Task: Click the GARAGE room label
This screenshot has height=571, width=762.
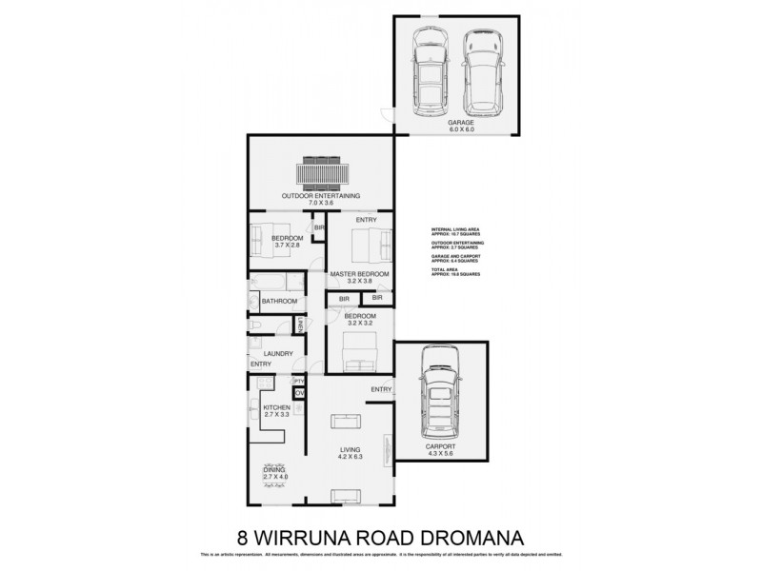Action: [x=460, y=124]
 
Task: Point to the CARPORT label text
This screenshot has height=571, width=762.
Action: [x=441, y=445]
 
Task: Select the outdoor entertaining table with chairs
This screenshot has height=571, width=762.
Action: [x=320, y=172]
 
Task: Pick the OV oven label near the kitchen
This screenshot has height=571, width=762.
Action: [x=298, y=393]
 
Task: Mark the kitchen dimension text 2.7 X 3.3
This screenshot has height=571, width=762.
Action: [x=276, y=416]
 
